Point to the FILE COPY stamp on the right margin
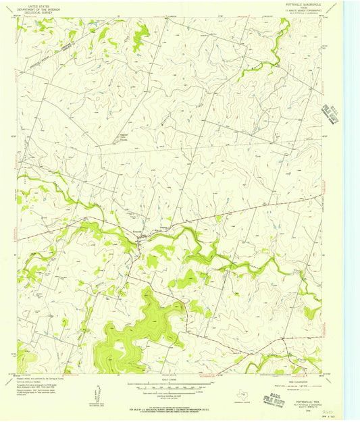(x=331, y=114)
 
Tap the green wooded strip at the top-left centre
(x=140, y=38)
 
